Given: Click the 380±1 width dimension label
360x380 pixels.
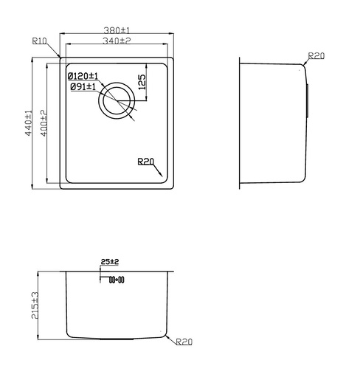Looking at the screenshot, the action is (x=117, y=30).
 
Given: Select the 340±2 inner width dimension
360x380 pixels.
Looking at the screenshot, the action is (x=117, y=41).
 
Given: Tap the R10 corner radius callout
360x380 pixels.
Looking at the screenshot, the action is (x=39, y=41).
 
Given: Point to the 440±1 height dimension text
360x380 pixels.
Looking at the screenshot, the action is (x=29, y=123).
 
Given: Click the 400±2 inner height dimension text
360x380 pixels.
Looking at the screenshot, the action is (x=44, y=123).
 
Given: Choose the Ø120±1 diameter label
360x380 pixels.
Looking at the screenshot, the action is (x=83, y=76).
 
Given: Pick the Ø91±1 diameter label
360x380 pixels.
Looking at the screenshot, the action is (x=83, y=86).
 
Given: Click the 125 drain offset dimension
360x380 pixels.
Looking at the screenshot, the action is (x=142, y=82).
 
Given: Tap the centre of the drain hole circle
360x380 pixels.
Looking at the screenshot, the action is (x=117, y=100).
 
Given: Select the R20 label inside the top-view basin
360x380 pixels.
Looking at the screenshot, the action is (x=145, y=162).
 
